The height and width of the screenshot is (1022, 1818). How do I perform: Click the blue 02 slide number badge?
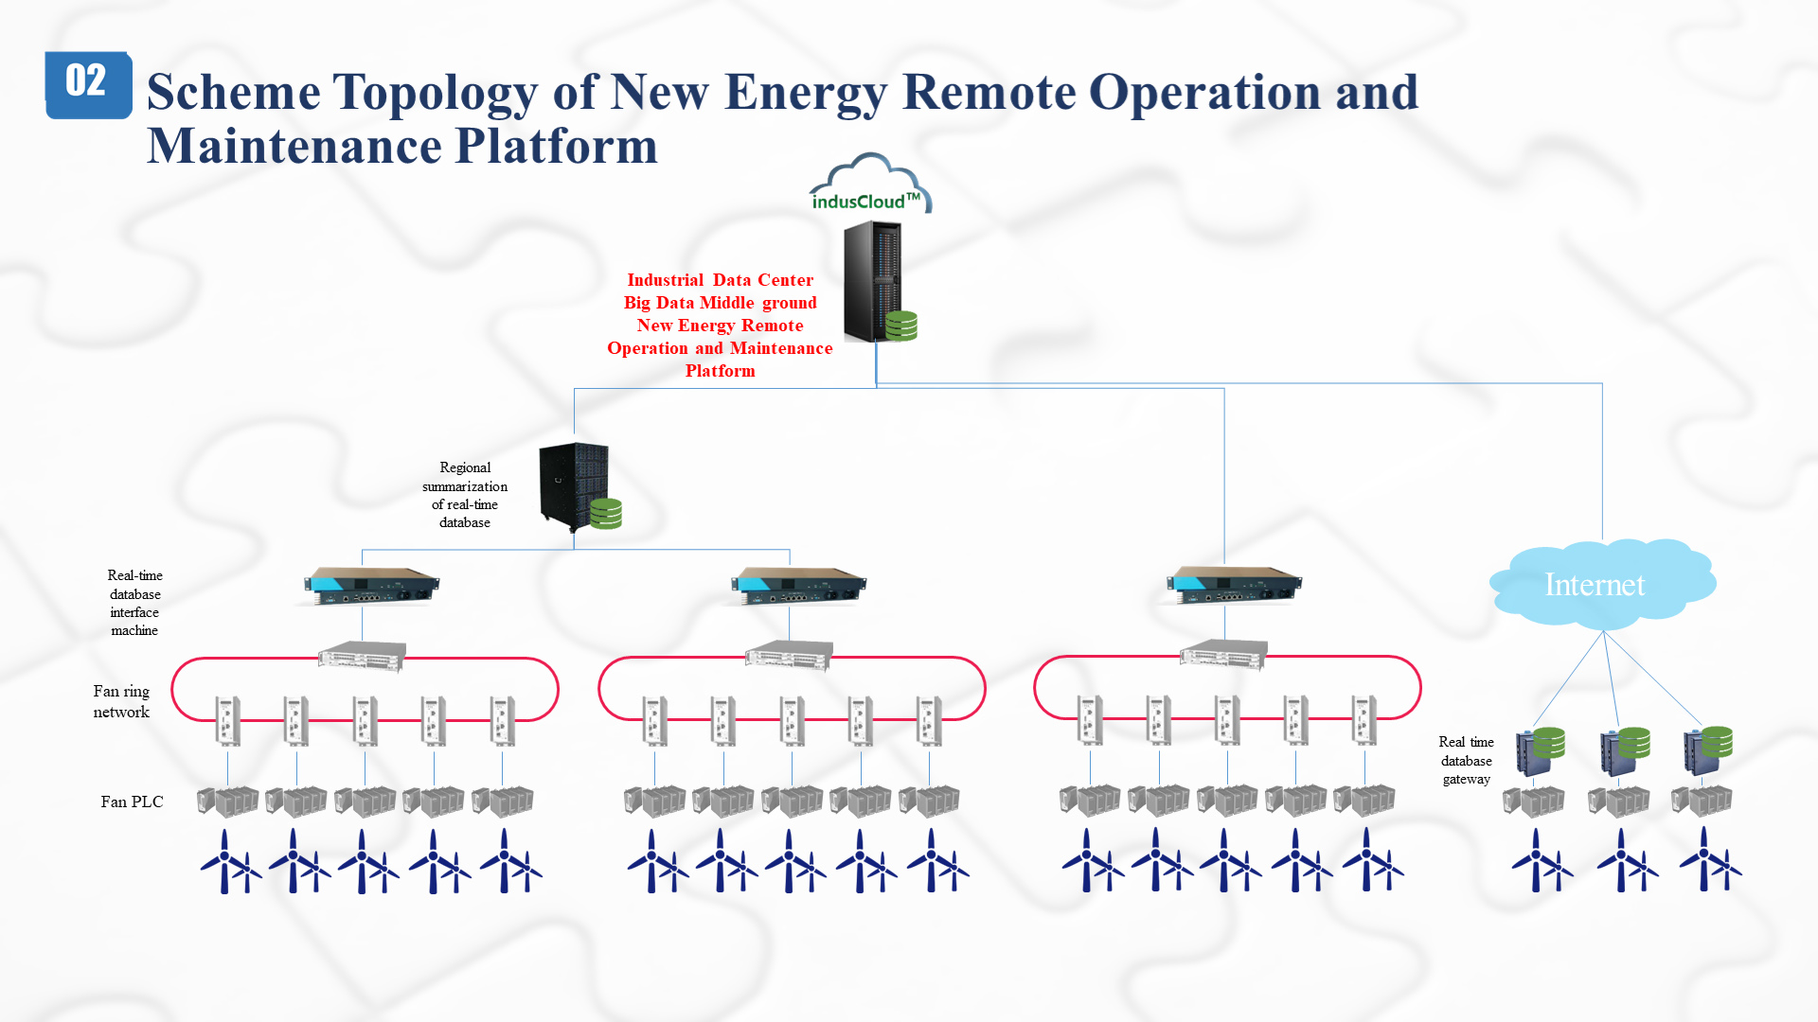[x=88, y=84]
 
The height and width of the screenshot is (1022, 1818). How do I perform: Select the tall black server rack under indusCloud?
[x=873, y=281]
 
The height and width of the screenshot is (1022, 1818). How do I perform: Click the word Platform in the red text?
[x=720, y=371]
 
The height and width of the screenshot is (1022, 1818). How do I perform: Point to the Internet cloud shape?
[x=1602, y=584]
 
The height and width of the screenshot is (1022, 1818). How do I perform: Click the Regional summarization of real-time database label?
[x=465, y=495]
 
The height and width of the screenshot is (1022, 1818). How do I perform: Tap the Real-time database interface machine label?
[x=134, y=603]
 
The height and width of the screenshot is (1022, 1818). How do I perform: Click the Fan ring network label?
[x=121, y=701]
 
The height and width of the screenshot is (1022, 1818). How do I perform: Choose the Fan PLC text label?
[x=132, y=802]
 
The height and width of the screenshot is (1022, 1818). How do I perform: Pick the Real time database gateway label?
[x=1466, y=761]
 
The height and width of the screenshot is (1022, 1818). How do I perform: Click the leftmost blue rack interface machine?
[x=371, y=585]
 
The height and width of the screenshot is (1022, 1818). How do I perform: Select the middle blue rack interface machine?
[x=798, y=585]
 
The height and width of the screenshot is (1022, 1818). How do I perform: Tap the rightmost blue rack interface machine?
[x=1234, y=585]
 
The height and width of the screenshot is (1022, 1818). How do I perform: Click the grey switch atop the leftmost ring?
[x=362, y=656]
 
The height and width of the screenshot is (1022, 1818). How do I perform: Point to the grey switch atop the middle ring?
[x=789, y=656]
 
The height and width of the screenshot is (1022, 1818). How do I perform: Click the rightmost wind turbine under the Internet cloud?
[x=1710, y=859]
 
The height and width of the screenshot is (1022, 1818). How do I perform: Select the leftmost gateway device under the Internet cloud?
[x=1540, y=751]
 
